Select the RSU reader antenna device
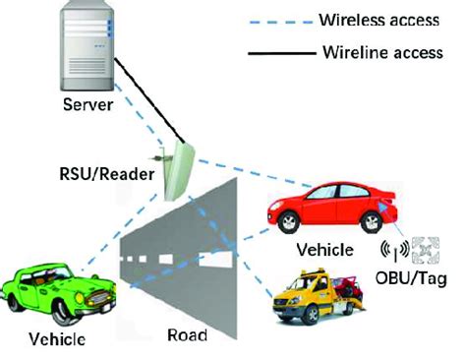(x=181, y=169)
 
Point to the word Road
(x=186, y=336)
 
